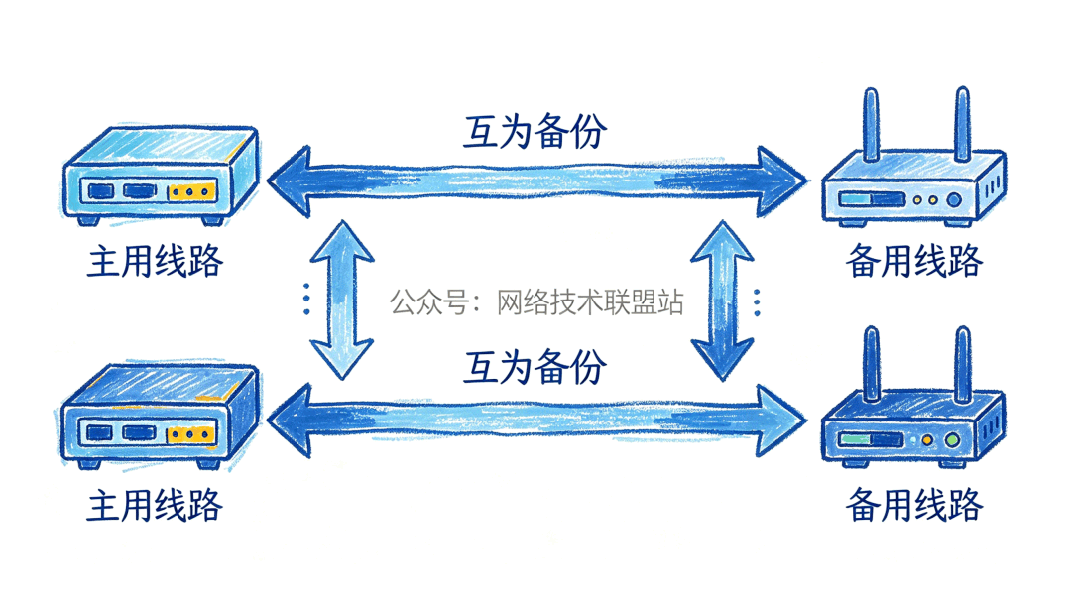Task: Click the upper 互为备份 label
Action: [x=535, y=131]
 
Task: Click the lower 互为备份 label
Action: [x=535, y=367]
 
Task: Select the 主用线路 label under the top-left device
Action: [x=155, y=263]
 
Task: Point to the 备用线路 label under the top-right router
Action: [x=914, y=263]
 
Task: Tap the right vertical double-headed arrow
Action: [x=722, y=300]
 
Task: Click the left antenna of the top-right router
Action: [x=872, y=124]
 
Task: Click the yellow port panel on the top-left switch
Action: [x=191, y=192]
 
